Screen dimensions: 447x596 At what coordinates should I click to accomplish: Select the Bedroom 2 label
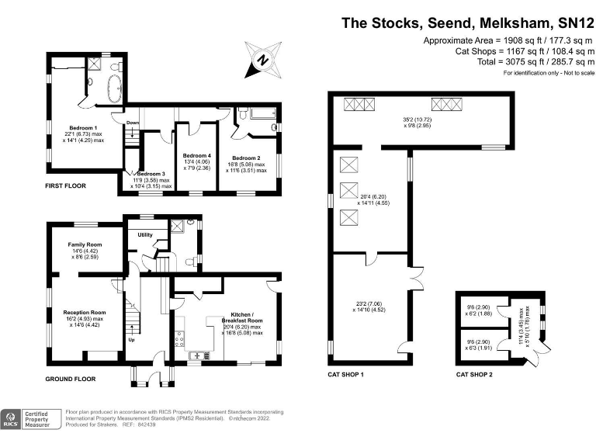click(x=248, y=158)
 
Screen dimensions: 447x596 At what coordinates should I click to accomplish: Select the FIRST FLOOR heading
click(x=65, y=186)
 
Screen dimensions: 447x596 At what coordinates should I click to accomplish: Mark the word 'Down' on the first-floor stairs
click(x=133, y=123)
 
